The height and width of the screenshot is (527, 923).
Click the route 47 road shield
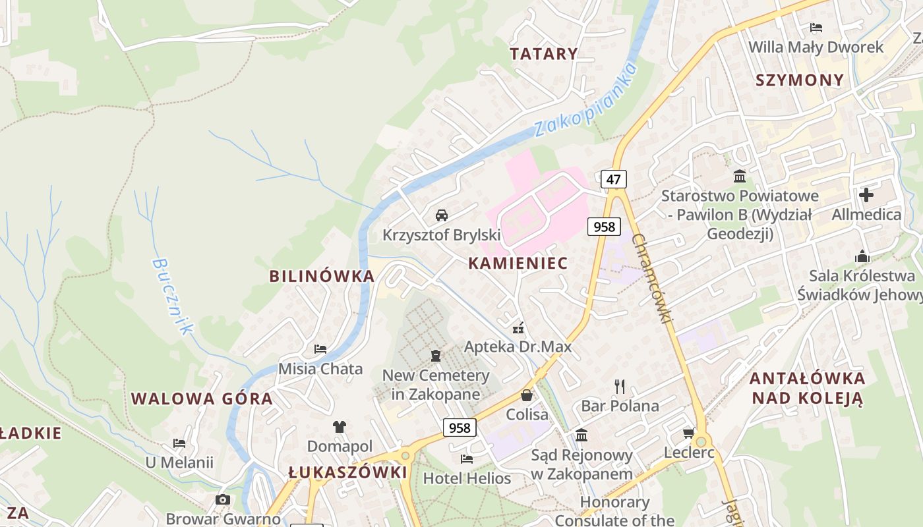[x=613, y=179]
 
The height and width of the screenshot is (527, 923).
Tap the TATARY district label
[x=544, y=54]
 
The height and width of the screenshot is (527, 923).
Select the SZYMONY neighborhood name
[x=799, y=80]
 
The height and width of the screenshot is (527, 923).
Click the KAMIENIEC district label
[x=518, y=263]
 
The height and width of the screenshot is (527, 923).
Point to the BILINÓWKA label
[x=322, y=276]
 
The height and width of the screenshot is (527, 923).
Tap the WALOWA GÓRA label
[x=202, y=399]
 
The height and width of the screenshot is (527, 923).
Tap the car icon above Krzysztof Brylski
[x=442, y=215]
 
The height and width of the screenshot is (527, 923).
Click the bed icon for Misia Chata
[x=320, y=348]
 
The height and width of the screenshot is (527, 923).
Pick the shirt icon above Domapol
[x=340, y=427]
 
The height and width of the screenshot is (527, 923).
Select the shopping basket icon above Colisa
[x=527, y=395]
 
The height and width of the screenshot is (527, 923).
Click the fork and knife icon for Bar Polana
[x=619, y=386]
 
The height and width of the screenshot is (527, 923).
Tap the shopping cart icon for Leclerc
[x=688, y=433]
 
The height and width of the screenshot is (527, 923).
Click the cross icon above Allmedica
[x=866, y=195]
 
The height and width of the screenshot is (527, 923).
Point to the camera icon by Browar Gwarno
[x=223, y=499]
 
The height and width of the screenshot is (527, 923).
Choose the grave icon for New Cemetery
[x=435, y=356]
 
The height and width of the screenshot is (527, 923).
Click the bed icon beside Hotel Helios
[x=467, y=458]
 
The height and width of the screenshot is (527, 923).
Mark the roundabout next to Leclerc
[x=701, y=442]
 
